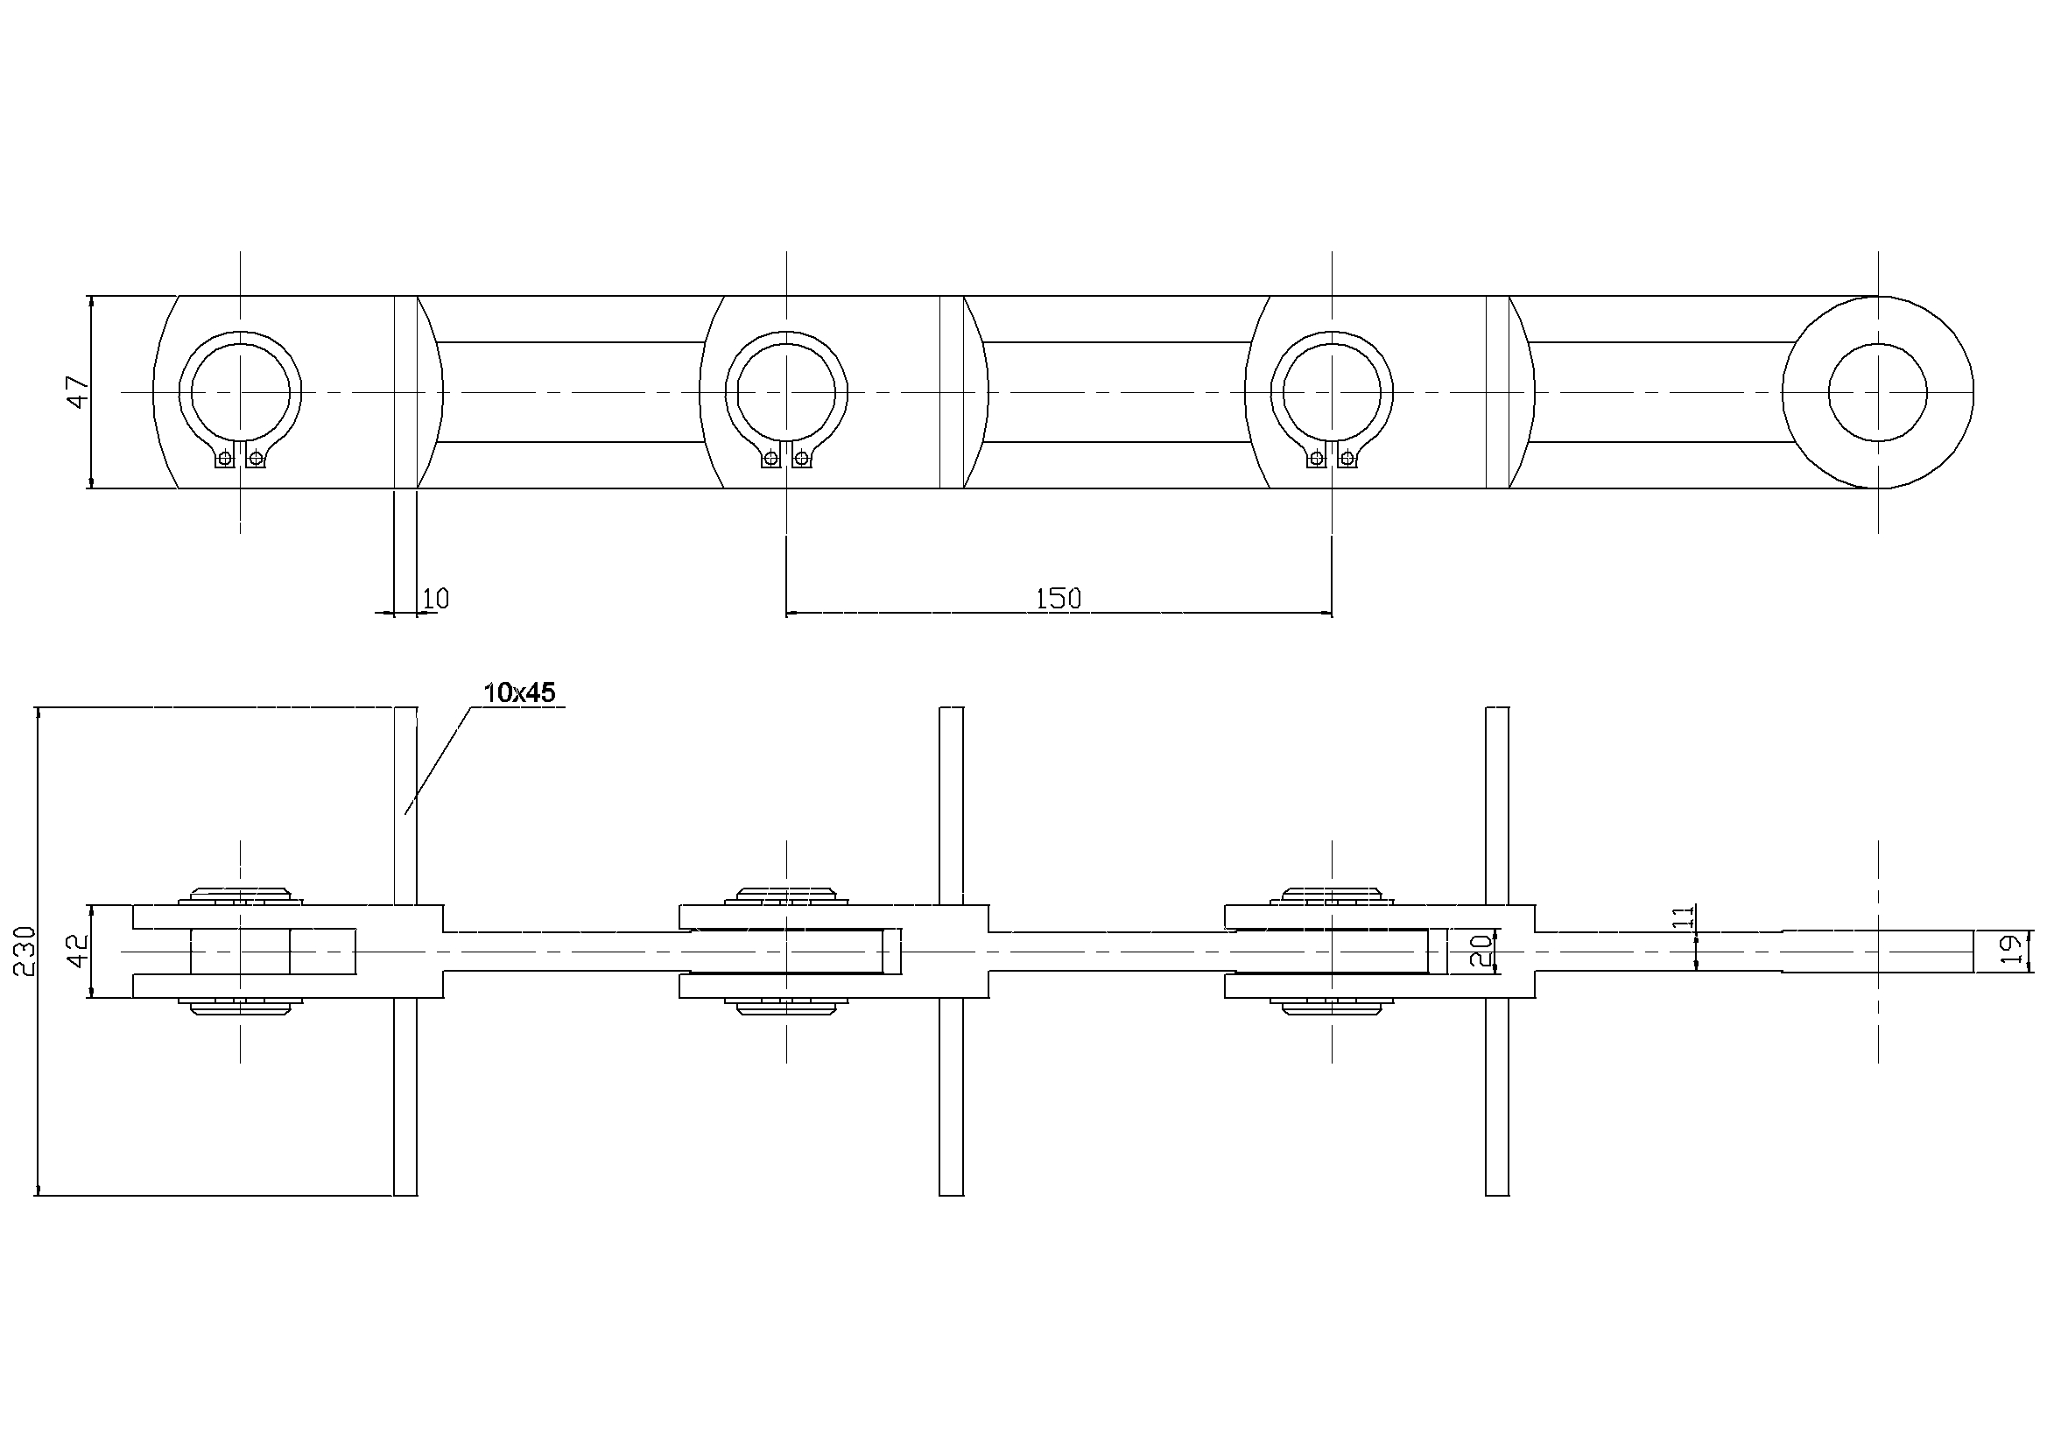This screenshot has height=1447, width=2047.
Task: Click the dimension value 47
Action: click(x=80, y=392)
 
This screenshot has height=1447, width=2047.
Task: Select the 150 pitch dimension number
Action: click(x=1059, y=598)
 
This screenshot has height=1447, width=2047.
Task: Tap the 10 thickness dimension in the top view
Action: click(x=435, y=598)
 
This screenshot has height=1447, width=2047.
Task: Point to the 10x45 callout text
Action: click(x=519, y=692)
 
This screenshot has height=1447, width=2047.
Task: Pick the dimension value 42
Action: click(x=80, y=952)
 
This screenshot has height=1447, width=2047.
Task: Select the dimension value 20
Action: click(x=1480, y=952)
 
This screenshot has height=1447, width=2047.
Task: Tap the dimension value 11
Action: click(x=1683, y=917)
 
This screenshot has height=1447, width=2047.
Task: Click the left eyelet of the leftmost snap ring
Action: click(x=225, y=459)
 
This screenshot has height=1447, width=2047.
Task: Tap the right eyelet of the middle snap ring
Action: click(x=802, y=459)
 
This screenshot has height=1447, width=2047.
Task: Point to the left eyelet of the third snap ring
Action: click(x=1317, y=459)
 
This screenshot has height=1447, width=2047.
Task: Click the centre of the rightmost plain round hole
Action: click(x=1878, y=392)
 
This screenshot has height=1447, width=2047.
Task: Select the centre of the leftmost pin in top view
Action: click(x=241, y=392)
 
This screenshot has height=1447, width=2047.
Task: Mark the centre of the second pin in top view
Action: click(x=786, y=392)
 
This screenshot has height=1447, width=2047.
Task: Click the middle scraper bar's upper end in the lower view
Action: click(x=952, y=709)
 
